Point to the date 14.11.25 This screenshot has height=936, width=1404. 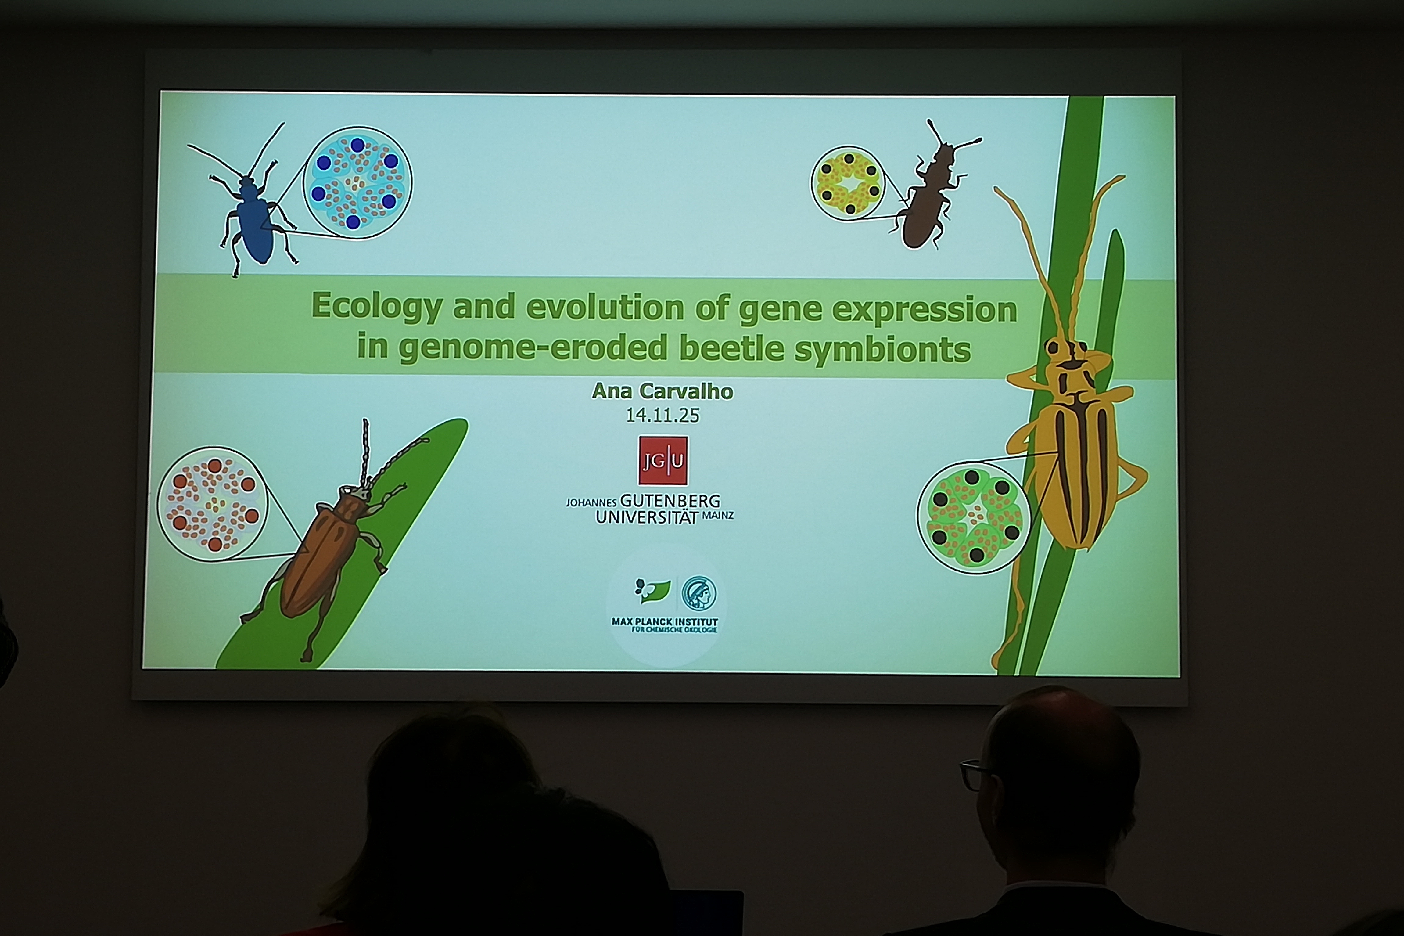662,415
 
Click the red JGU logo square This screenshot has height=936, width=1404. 663,460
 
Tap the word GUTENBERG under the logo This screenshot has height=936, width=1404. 670,501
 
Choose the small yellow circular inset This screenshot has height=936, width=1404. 847,183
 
